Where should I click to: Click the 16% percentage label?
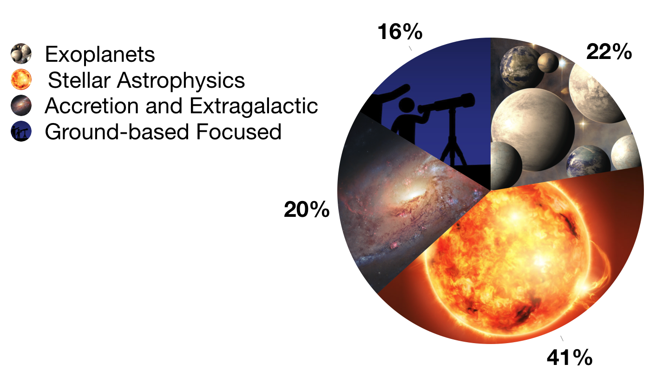[400, 32]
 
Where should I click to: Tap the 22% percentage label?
[609, 52]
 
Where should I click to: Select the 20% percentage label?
[307, 209]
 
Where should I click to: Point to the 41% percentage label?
[570, 357]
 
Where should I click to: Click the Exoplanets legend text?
[100, 54]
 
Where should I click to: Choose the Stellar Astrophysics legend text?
[146, 80]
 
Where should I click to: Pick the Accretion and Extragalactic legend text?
[181, 106]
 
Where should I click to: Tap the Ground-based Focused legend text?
[163, 132]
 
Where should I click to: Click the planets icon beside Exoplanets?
[21, 54]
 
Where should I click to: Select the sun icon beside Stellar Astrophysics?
[21, 79]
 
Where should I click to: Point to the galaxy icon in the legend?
[21, 105]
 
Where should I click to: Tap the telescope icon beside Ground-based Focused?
[21, 131]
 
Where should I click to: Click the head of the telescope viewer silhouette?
[407, 106]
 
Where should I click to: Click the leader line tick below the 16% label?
[410, 48]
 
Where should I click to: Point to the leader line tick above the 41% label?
[562, 338]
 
